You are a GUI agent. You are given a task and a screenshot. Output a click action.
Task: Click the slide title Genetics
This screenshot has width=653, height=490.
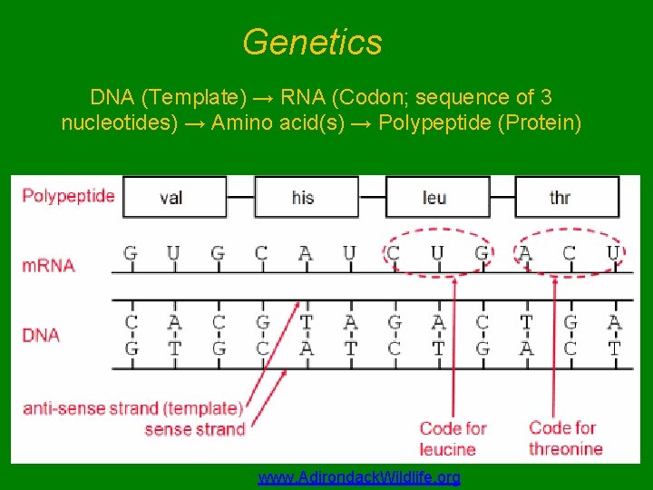pyautogui.click(x=313, y=42)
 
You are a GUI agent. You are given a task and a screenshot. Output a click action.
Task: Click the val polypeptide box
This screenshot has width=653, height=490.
pyautogui.click(x=172, y=197)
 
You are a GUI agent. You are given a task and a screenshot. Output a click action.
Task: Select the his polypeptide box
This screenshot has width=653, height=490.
pyautogui.click(x=303, y=197)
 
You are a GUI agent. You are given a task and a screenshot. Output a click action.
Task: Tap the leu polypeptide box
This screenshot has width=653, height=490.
pyautogui.click(x=434, y=197)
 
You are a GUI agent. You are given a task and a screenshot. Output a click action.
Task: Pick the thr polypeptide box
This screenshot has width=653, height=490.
pyautogui.click(x=561, y=197)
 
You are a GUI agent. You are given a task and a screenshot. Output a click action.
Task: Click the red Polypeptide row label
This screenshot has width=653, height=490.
pyautogui.click(x=68, y=195)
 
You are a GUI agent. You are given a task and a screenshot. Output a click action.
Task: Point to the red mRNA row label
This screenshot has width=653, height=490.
pyautogui.click(x=48, y=265)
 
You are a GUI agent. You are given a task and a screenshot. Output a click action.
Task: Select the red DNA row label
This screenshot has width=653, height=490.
pyautogui.click(x=41, y=335)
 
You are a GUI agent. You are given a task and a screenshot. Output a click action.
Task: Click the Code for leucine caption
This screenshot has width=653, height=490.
pyautogui.click(x=453, y=438)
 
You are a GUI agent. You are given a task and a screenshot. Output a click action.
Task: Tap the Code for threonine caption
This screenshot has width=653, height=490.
pyautogui.click(x=565, y=437)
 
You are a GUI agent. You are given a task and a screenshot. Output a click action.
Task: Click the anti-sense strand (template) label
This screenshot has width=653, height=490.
pyautogui.click(x=132, y=409)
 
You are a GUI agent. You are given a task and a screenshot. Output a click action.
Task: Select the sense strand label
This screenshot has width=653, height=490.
pyautogui.click(x=194, y=429)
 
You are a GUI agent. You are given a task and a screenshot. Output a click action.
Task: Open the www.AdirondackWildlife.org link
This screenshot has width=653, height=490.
pyautogui.click(x=359, y=477)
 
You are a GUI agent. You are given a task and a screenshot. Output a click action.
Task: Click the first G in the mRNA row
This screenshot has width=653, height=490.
pyautogui.click(x=131, y=253)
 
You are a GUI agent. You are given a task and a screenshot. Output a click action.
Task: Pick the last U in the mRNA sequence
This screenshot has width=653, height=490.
pyautogui.click(x=614, y=253)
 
